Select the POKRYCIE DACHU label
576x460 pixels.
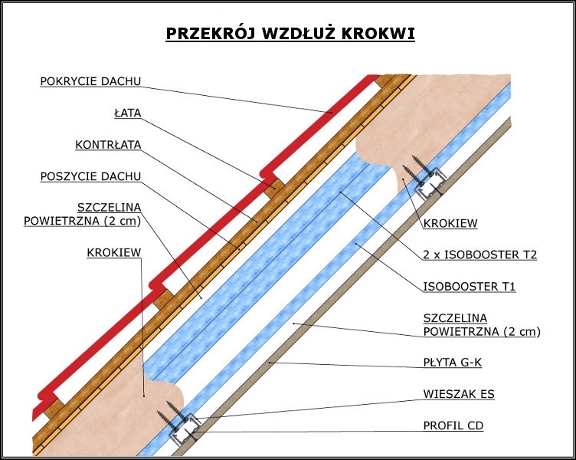[90, 81]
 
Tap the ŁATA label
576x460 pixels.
[127, 113]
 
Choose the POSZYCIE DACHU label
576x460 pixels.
[90, 176]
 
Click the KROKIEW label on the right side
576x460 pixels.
[450, 224]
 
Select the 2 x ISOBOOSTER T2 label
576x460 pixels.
[479, 255]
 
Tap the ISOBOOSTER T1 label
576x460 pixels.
[470, 287]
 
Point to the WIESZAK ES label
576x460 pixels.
[459, 394]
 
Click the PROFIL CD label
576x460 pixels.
[453, 426]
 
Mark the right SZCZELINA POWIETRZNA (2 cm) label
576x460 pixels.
[482, 324]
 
